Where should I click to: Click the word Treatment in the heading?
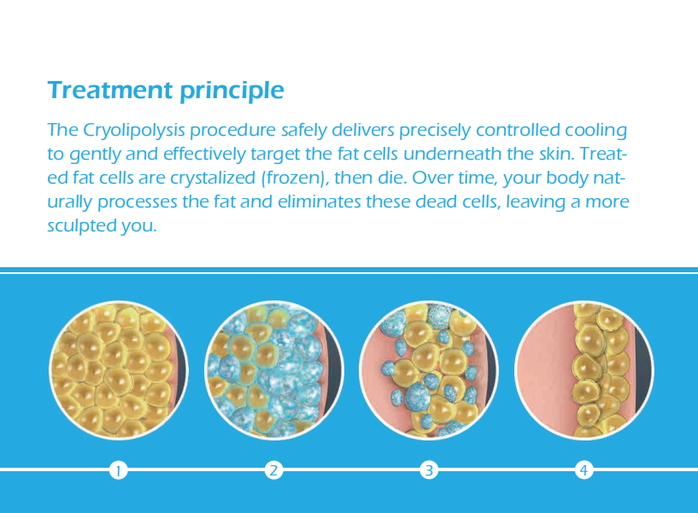(110, 90)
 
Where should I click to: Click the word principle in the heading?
(232, 91)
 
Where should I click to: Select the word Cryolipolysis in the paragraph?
(134, 131)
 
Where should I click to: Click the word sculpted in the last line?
(81, 226)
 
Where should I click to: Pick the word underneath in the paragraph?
(452, 154)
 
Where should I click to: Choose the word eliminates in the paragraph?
(320, 202)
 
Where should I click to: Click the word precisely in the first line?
(435, 131)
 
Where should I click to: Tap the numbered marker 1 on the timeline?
(119, 469)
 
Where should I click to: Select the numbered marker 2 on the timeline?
(273, 469)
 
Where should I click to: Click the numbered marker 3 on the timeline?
(429, 469)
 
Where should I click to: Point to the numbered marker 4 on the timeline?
(584, 469)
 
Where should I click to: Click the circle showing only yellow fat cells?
(119, 370)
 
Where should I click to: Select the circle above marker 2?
(273, 370)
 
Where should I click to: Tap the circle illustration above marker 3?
(429, 370)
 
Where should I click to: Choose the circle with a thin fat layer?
(584, 370)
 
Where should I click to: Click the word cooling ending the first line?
(596, 131)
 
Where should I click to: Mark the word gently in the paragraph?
(95, 154)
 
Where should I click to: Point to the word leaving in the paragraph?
(536, 202)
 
